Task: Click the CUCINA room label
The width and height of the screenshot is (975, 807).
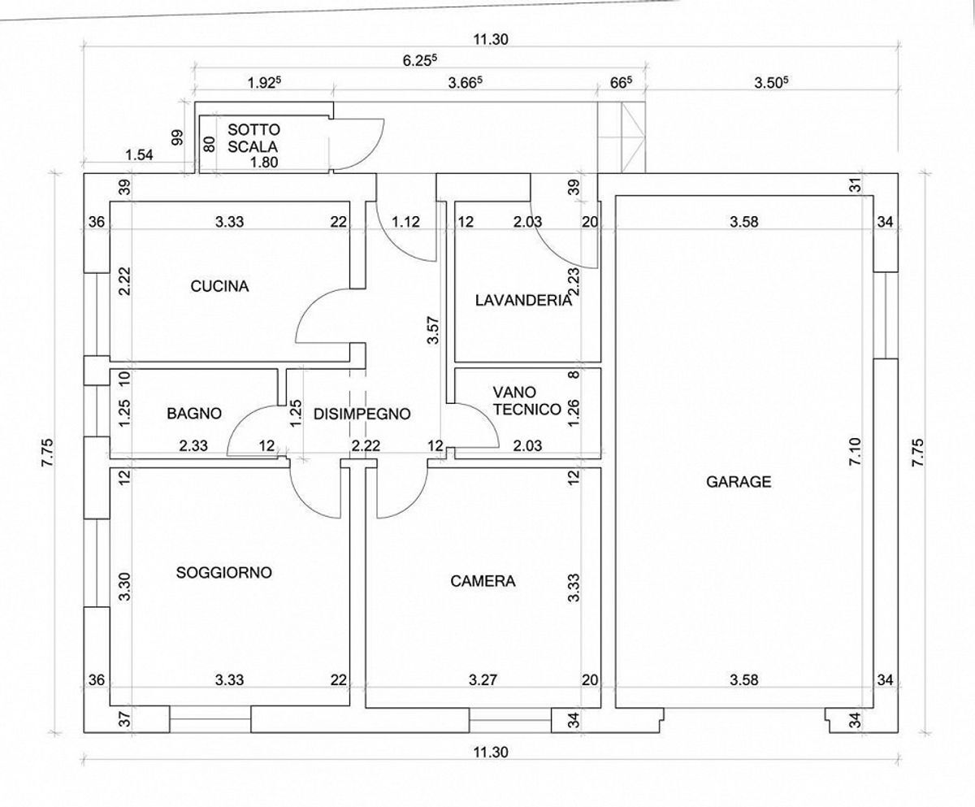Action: (219, 286)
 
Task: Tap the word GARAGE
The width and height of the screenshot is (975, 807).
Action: (739, 481)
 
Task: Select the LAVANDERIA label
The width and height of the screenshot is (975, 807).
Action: (523, 301)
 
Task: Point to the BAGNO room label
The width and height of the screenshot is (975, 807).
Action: (194, 414)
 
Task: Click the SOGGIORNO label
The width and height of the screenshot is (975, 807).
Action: (224, 573)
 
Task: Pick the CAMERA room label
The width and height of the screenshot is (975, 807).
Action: (483, 581)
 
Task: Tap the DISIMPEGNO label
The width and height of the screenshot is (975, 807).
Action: (362, 414)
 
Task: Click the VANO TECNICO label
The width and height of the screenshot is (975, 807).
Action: (526, 401)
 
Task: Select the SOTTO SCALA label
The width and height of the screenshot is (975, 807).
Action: (253, 138)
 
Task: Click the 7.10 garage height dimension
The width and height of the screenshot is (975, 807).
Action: (855, 451)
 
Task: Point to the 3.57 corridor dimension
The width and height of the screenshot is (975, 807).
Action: (433, 330)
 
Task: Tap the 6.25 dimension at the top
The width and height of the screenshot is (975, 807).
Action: (420, 60)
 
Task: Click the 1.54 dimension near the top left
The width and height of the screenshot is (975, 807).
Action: (139, 154)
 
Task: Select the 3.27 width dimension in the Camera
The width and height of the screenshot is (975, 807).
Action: (483, 679)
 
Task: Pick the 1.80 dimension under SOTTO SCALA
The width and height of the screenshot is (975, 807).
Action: (264, 162)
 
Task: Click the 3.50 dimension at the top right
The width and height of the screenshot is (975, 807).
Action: (771, 82)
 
